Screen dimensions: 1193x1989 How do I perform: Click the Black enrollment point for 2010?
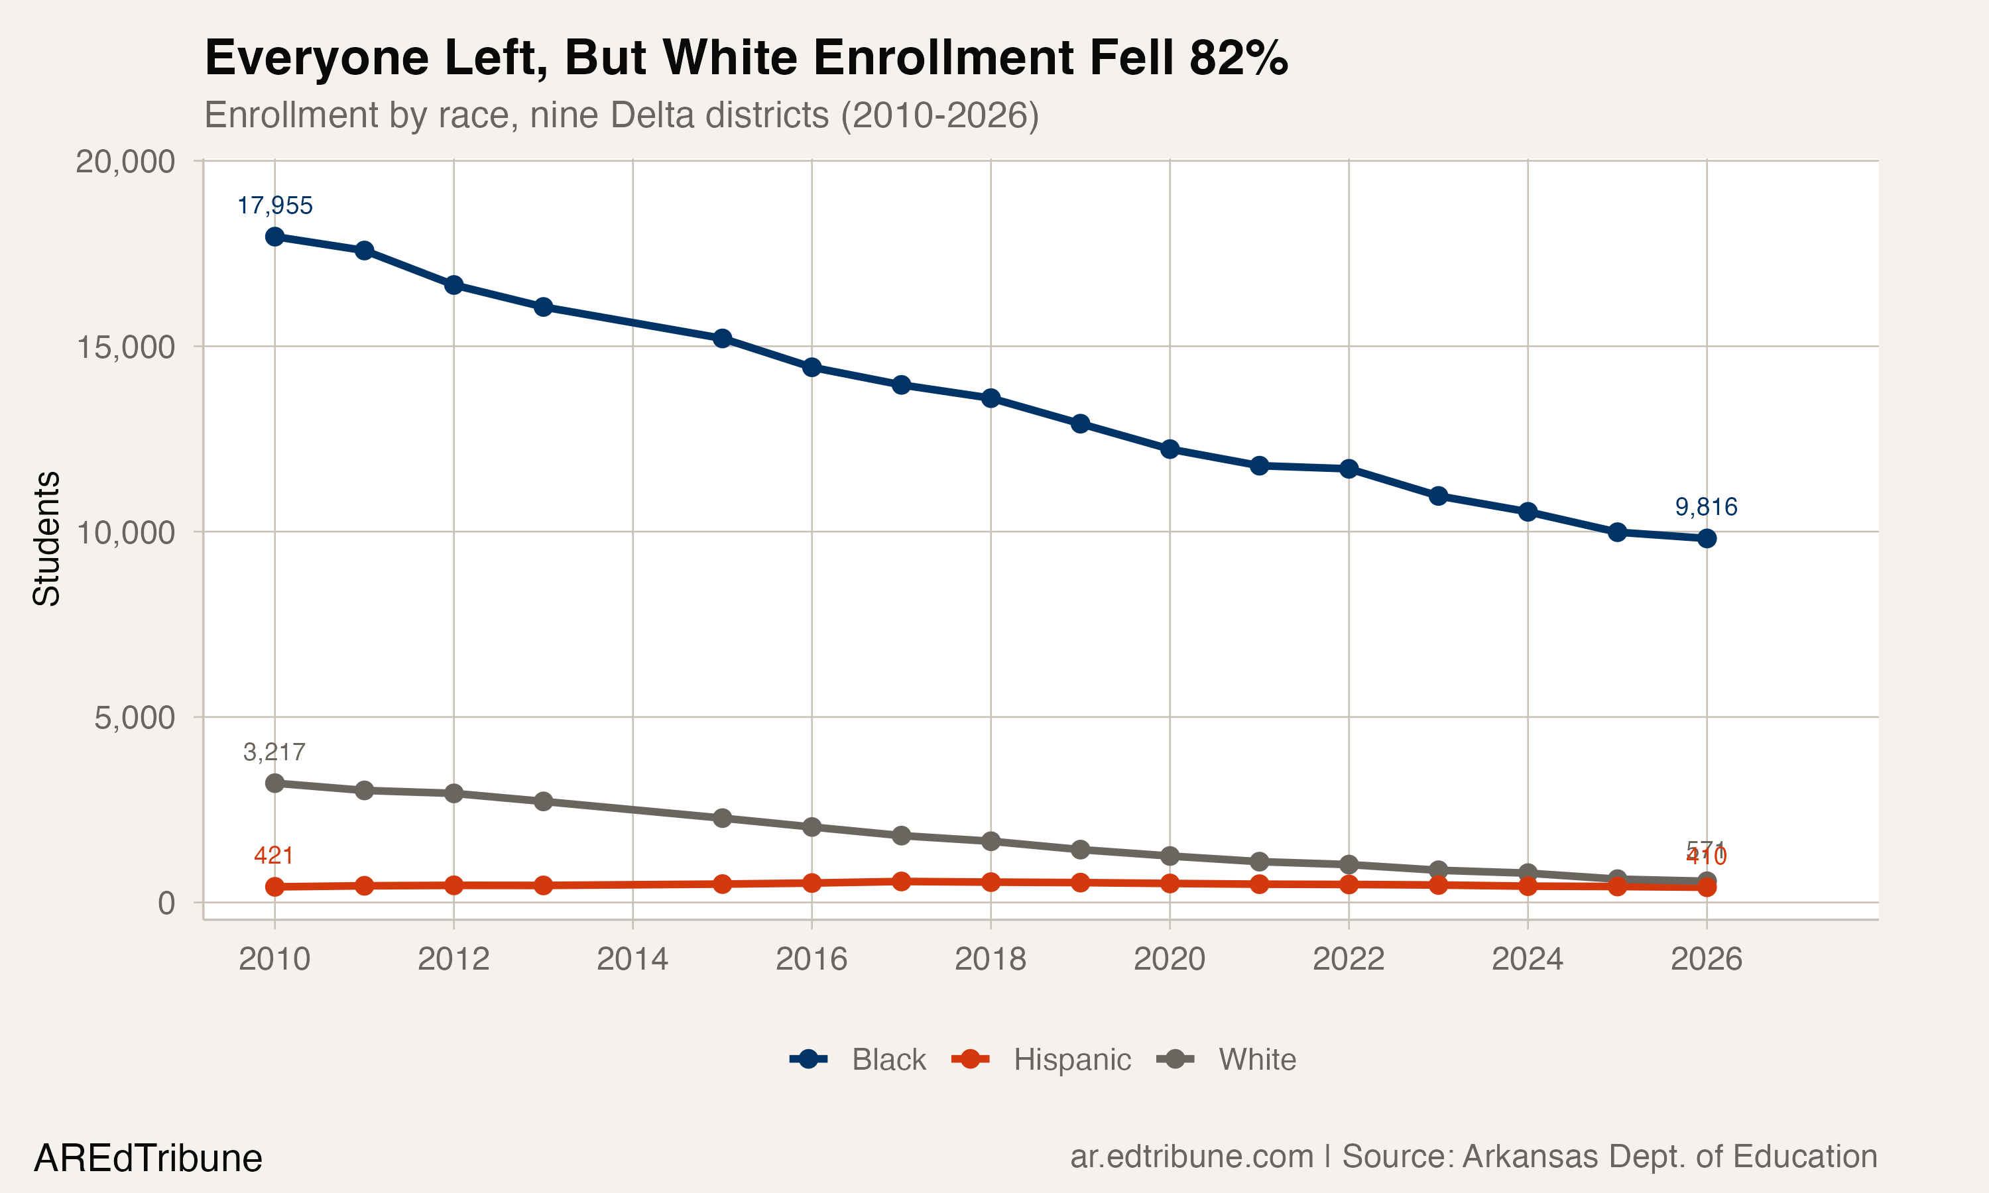[x=274, y=237]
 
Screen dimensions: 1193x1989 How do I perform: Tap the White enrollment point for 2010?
[x=274, y=783]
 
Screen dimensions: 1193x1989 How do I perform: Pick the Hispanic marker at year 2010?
[x=274, y=887]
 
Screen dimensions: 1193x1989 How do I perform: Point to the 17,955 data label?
[x=274, y=206]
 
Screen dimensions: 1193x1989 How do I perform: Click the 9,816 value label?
[x=1705, y=507]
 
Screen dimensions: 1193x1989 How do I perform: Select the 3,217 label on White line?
[x=274, y=752]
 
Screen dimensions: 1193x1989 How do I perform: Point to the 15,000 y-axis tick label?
[x=125, y=347]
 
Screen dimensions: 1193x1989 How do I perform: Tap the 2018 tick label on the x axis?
[x=990, y=959]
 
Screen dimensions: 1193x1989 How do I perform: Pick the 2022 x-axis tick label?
[x=1349, y=959]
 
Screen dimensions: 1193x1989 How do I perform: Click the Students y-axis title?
[x=46, y=539]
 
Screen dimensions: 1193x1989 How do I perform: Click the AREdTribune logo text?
[x=148, y=1159]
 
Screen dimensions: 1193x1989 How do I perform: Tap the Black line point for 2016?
[x=812, y=367]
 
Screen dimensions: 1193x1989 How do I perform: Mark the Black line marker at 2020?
[x=1169, y=449]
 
